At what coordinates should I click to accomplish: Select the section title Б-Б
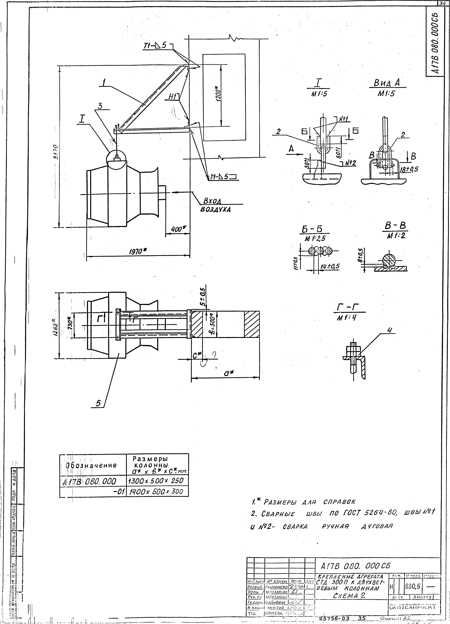click(314, 230)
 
